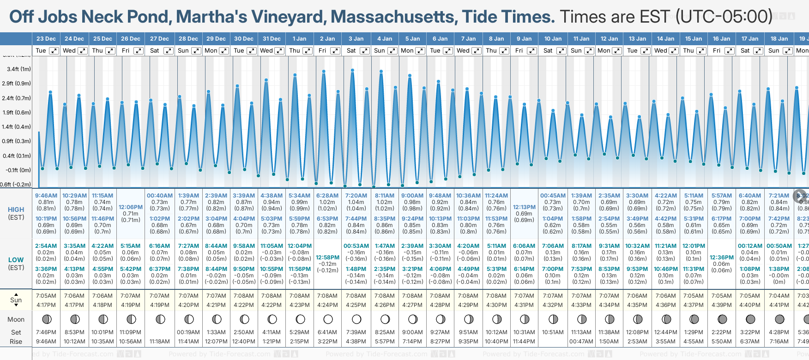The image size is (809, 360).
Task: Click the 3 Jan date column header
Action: point(356,39)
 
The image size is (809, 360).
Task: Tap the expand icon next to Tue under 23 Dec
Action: point(54,51)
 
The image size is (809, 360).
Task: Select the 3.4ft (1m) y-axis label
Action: point(19,69)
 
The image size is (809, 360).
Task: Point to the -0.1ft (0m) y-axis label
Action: point(18,170)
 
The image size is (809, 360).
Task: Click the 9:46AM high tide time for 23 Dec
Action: point(46,196)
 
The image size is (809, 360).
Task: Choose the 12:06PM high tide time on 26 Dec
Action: point(131,207)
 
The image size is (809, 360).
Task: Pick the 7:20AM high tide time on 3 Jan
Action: point(356,196)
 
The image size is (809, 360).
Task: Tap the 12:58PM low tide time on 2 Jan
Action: point(327,258)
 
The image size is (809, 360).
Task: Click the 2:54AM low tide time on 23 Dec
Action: point(46,246)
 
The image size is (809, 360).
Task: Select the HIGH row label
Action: point(16,210)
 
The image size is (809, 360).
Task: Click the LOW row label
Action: point(16,260)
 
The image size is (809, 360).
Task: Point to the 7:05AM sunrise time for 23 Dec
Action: point(46,296)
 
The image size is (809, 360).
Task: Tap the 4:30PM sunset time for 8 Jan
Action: point(496,305)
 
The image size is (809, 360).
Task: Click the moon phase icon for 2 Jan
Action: point(328,319)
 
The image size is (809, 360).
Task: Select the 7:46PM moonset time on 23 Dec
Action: point(46,332)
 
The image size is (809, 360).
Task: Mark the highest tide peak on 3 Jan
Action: point(352,71)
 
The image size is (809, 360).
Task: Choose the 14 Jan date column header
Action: point(666,39)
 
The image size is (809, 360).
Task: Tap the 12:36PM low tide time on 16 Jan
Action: point(722,258)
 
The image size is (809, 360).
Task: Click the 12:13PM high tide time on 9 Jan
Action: point(524,207)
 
